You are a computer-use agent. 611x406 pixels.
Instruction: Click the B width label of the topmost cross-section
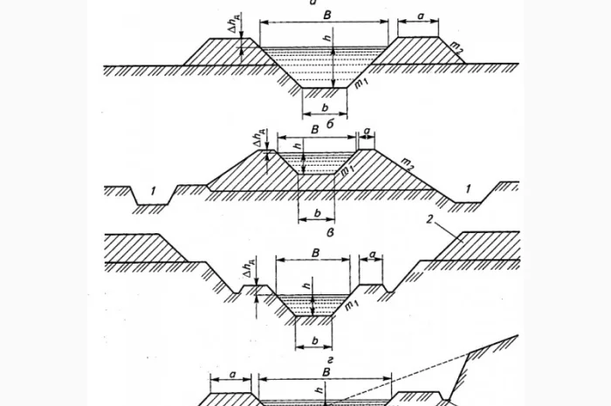pyautogui.click(x=326, y=15)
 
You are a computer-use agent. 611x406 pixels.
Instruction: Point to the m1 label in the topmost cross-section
pyautogui.click(x=360, y=82)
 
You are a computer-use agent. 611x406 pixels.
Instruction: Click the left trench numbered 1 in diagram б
pyautogui.click(x=151, y=189)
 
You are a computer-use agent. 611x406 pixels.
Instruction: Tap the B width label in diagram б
pyautogui.click(x=314, y=129)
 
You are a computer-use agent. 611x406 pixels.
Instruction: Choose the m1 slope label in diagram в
pyautogui.click(x=351, y=304)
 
